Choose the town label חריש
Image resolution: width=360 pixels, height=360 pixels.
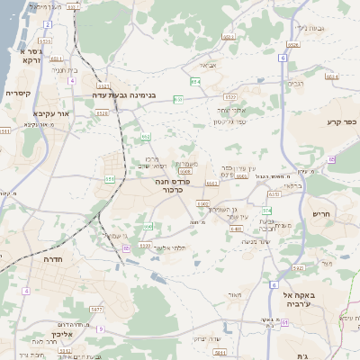coord(321,213)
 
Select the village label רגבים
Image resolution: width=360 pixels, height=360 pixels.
coord(295,83)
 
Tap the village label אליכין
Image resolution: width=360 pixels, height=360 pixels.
coord(59,335)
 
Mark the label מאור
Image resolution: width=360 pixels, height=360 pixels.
coord(236,294)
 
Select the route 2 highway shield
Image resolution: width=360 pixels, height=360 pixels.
coord(46,22)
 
